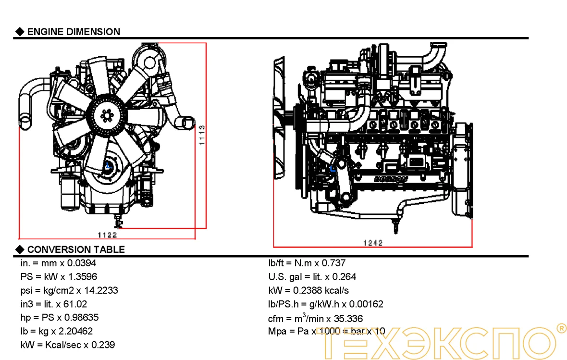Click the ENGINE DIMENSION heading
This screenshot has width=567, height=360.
[74, 32]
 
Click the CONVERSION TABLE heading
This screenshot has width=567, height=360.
[76, 249]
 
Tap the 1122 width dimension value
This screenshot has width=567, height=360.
[107, 235]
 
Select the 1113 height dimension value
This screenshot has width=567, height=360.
[202, 135]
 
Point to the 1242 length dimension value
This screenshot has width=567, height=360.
[372, 243]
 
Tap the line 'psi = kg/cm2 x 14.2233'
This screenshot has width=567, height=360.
[69, 290]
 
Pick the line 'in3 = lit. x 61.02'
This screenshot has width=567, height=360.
[54, 304]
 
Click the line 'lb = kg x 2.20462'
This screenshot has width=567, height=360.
[57, 331]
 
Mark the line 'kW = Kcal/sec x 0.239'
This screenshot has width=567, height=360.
[68, 345]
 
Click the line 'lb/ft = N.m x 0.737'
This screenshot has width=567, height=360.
[307, 263]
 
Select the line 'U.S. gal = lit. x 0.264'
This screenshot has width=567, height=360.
[312, 277]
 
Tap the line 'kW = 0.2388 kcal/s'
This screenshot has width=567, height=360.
[308, 290]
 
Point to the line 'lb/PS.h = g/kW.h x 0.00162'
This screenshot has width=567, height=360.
[325, 304]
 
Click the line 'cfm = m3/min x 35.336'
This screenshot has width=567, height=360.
[315, 318]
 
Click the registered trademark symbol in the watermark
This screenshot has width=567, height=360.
[560, 328]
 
